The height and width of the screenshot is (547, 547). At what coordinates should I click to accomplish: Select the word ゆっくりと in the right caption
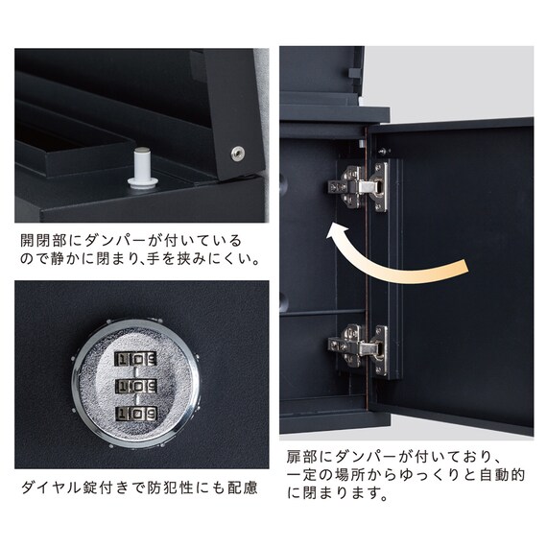[423, 478]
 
